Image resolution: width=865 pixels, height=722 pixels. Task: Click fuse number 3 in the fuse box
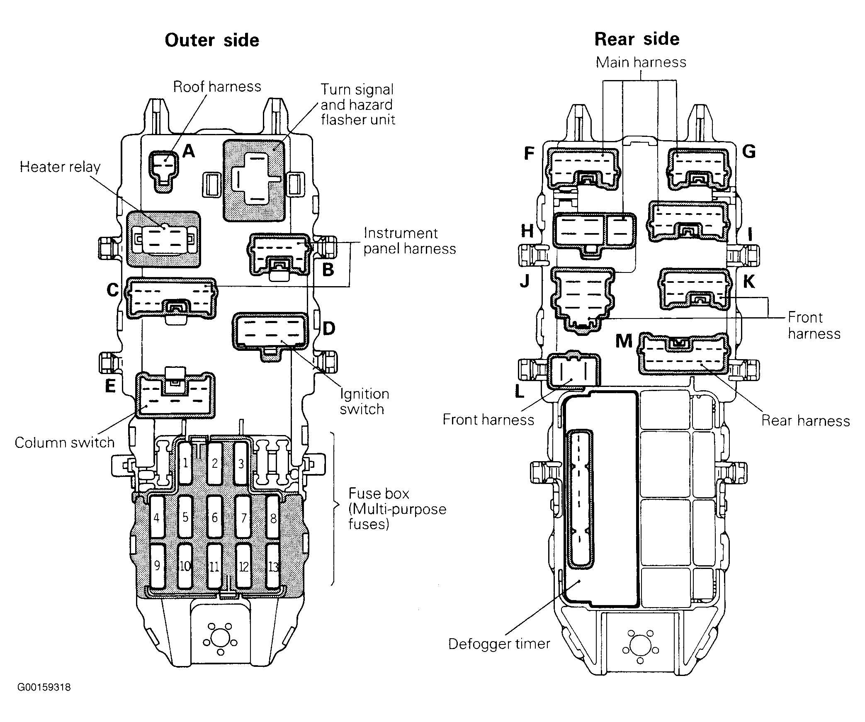click(x=241, y=464)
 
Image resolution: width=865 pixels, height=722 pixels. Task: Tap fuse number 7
click(x=243, y=517)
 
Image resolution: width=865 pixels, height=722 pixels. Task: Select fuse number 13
click(x=273, y=566)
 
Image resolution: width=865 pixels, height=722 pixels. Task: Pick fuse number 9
click(x=157, y=566)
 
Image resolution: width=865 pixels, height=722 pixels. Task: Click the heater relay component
click(x=163, y=239)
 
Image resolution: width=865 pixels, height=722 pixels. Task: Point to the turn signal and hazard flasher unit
click(x=254, y=180)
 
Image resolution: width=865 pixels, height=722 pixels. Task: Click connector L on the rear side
click(x=573, y=370)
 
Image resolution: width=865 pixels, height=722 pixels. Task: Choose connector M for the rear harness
click(x=684, y=353)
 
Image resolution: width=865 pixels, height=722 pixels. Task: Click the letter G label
click(x=749, y=152)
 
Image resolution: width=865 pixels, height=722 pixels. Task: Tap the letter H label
click(x=527, y=231)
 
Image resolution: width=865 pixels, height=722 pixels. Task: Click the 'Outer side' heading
click(x=212, y=40)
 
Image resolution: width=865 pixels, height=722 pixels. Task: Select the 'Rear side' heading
click(x=637, y=39)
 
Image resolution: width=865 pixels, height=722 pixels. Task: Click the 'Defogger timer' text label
click(x=499, y=644)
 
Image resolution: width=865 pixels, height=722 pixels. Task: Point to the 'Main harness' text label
click(x=641, y=62)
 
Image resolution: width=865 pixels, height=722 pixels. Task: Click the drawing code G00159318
click(x=44, y=687)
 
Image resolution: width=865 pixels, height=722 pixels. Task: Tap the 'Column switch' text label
click(x=65, y=442)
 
